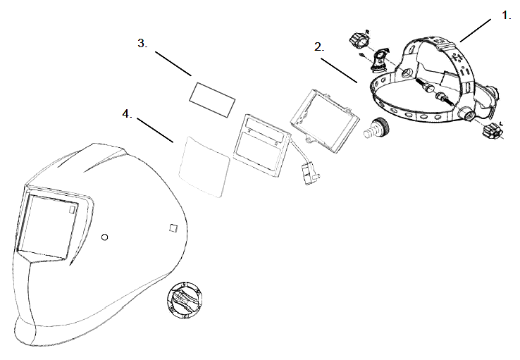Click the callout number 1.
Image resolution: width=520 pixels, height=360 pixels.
pos(506,15)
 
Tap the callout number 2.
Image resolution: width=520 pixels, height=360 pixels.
pos(319,47)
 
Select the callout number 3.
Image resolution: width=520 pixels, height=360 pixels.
pos(142,44)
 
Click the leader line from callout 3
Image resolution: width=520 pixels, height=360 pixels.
pos(173,63)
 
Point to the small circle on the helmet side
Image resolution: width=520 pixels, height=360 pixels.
pos(104,237)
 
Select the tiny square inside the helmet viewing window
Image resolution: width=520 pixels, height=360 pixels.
pos(71,210)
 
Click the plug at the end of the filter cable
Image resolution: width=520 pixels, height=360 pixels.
pos(308,173)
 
